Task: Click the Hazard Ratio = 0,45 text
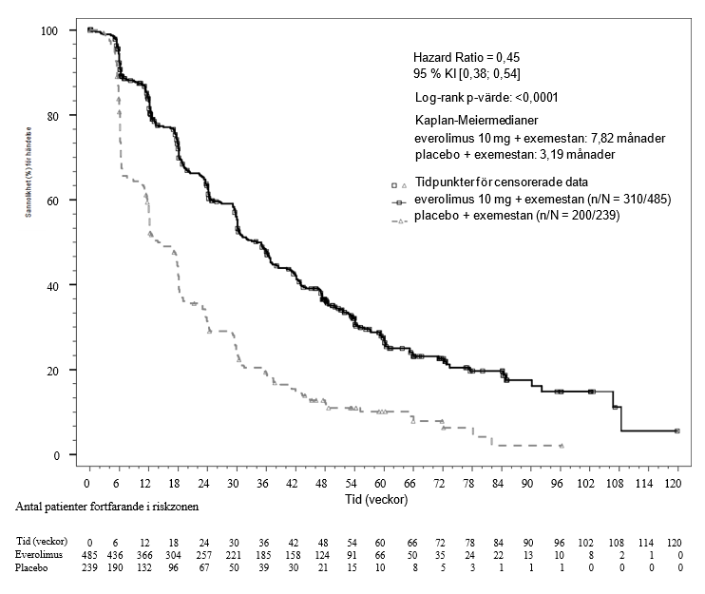coord(466,58)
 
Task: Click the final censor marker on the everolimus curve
coord(676,431)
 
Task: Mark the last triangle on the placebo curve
coord(562,445)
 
